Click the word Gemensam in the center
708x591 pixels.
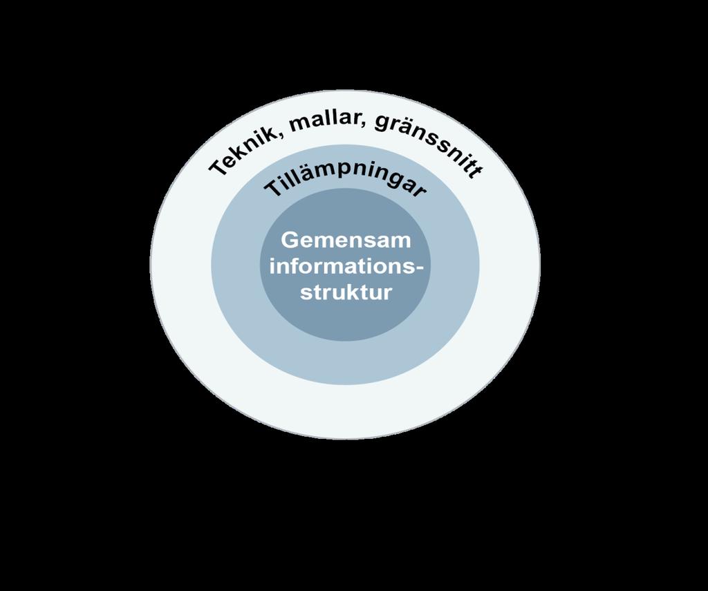pos(346,240)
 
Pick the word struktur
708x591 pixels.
pos(346,292)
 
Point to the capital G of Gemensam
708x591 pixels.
pos(290,240)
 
